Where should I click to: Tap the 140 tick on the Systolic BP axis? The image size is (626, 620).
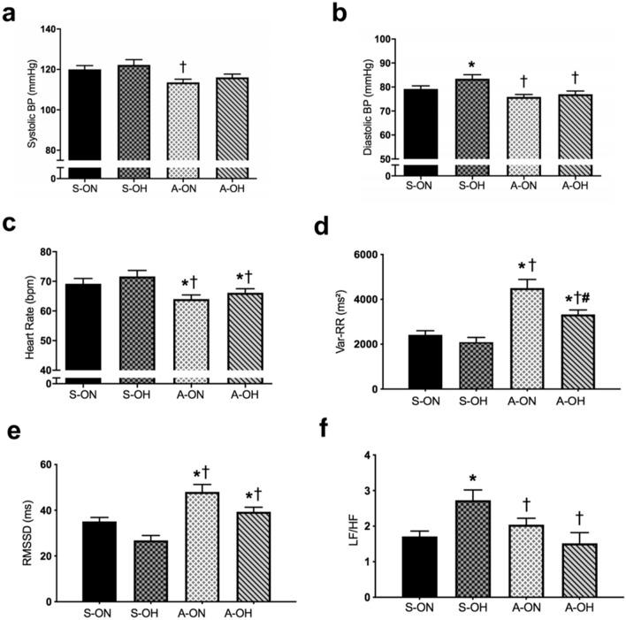coord(47,29)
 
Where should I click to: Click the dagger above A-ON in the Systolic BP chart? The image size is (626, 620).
coord(182,66)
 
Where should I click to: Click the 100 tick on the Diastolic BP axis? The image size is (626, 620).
coord(384,39)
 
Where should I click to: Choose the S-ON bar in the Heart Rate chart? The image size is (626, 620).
coord(77,327)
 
